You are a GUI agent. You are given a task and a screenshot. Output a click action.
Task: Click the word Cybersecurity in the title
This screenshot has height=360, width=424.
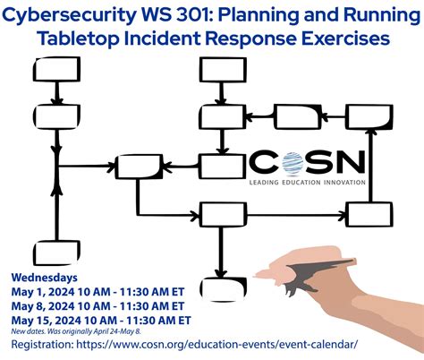coord(68,16)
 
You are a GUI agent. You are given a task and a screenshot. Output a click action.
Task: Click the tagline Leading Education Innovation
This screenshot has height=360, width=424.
coord(310,182)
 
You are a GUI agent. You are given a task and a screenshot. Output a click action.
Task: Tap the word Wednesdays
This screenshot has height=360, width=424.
coord(45,276)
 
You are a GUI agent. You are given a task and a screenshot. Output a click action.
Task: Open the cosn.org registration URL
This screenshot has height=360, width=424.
coord(224,344)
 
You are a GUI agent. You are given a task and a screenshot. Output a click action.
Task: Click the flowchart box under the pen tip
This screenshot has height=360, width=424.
coord(223,289)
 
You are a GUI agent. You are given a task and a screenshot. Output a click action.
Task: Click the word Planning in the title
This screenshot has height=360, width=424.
coord(269,16)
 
